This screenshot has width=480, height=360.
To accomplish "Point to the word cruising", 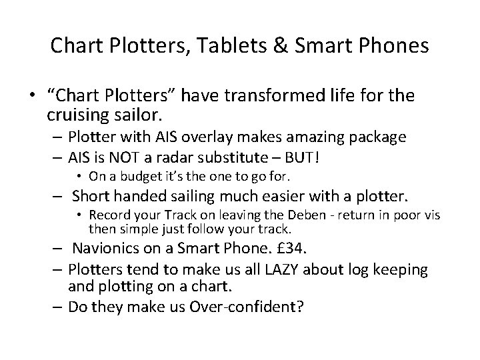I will pyautogui.click(x=78, y=115).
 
